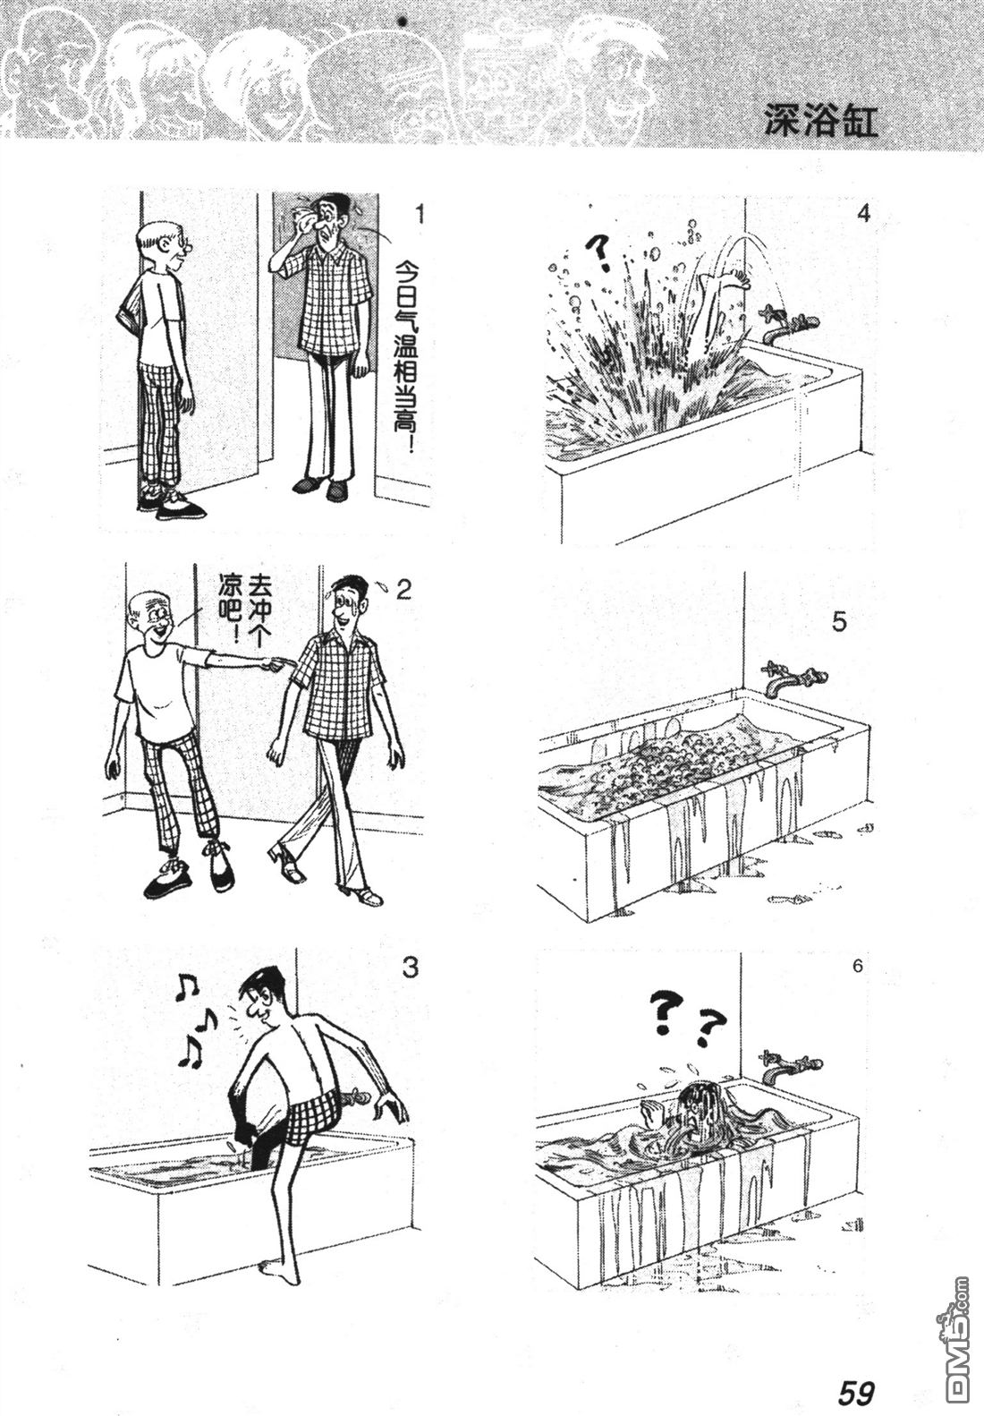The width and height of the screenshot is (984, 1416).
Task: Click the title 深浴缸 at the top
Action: click(820, 119)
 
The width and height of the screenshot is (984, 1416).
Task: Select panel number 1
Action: click(418, 215)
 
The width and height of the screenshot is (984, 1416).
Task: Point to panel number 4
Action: click(863, 214)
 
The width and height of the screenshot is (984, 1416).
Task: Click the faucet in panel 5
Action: click(792, 677)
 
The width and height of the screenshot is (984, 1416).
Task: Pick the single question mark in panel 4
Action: click(600, 252)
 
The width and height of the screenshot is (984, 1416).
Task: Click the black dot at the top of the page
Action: click(401, 21)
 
